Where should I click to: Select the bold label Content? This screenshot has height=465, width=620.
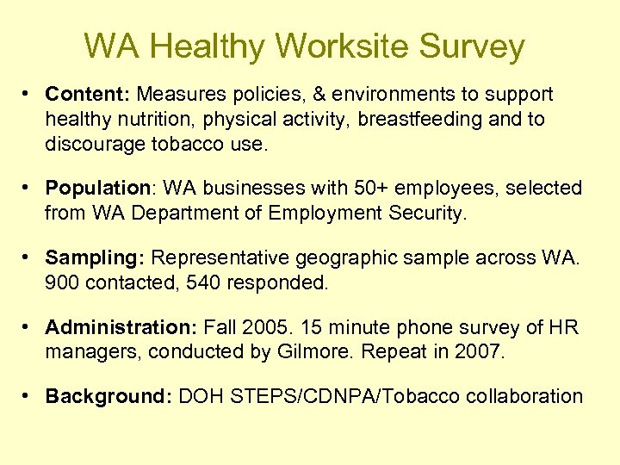tap(88, 94)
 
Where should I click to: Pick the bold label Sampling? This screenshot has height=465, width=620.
tap(96, 257)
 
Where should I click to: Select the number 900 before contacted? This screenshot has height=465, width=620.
tap(61, 282)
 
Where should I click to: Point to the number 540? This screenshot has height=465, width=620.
tap(199, 282)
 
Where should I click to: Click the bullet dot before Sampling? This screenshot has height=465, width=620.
tap(28, 257)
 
